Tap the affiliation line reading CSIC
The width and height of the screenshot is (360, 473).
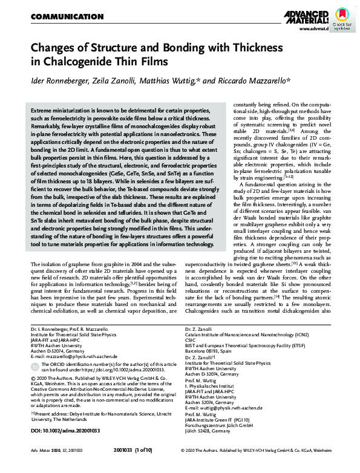(x=191, y=339)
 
